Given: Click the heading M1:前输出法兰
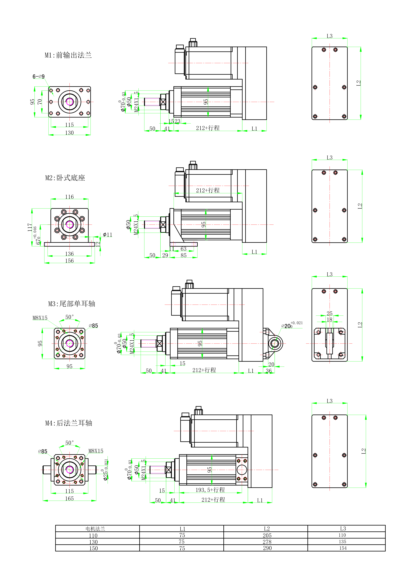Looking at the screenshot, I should (x=68, y=55).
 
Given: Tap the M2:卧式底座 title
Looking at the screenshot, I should (x=65, y=178).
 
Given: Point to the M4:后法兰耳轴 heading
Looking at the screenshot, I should (x=69, y=423).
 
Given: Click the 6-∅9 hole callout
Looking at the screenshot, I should (x=38, y=76).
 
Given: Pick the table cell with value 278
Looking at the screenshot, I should (x=267, y=542).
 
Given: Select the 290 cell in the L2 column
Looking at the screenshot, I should (x=267, y=548).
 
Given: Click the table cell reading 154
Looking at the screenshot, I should (x=343, y=548).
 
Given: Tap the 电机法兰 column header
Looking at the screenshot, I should (x=95, y=529).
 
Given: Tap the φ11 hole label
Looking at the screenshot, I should (x=107, y=235).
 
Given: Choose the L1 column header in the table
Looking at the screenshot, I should (x=182, y=529).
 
